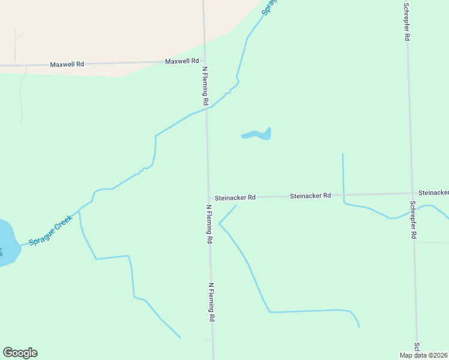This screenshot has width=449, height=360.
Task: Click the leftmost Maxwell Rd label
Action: click(x=67, y=64)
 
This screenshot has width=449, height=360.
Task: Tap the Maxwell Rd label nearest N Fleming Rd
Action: click(x=182, y=61)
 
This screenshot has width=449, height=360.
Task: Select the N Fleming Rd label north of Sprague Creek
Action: click(x=205, y=86)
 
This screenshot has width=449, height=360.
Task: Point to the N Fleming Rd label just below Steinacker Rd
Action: click(x=210, y=224)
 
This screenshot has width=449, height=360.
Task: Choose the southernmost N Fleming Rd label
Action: click(x=212, y=302)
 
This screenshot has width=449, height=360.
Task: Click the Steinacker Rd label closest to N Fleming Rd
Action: click(x=235, y=197)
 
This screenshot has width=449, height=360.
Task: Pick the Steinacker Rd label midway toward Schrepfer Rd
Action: click(x=310, y=196)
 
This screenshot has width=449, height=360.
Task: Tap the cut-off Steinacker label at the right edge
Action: click(x=433, y=193)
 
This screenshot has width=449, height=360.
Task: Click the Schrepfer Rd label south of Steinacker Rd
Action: click(x=413, y=220)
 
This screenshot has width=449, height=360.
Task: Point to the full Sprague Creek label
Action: click(x=51, y=230)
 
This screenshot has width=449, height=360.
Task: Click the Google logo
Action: click(x=20, y=353)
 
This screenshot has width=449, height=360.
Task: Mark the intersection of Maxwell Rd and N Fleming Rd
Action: click(x=205, y=61)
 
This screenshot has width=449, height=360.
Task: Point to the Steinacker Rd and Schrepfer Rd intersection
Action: click(x=412, y=193)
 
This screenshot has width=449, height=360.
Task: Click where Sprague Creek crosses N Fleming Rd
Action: click(x=207, y=109)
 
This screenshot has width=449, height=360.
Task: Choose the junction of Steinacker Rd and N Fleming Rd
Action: click(x=209, y=198)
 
